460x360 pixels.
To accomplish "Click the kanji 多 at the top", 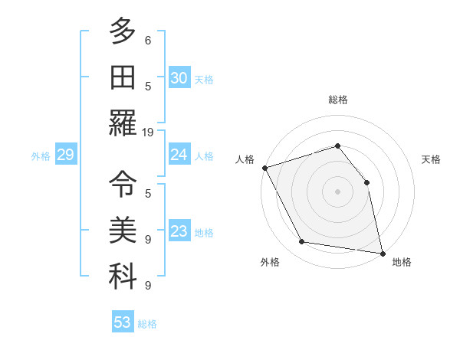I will [x=123, y=31].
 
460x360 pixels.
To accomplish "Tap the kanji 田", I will [x=123, y=77].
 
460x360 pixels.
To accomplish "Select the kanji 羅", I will [x=123, y=122].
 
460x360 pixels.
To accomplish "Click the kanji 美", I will [x=123, y=229].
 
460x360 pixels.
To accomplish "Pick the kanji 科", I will [x=123, y=275].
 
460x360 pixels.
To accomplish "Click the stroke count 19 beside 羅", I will [x=149, y=132].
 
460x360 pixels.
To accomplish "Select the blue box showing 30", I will [x=179, y=78].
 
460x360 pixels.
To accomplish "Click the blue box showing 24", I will [x=179, y=155].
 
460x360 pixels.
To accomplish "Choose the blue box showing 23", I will [x=179, y=231].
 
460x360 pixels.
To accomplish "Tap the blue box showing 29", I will [x=65, y=155].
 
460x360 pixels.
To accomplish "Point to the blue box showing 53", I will [x=123, y=322].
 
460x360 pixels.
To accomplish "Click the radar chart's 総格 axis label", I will [x=337, y=100].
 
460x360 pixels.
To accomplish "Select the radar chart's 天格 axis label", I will [x=431, y=159].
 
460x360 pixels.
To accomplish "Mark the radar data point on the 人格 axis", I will [x=264, y=168].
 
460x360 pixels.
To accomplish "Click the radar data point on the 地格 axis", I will [x=382, y=252].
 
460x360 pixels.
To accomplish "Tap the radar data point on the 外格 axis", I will [x=302, y=242].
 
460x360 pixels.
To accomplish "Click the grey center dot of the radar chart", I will [x=337, y=191].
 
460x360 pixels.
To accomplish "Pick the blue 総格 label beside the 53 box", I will [x=147, y=324].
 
